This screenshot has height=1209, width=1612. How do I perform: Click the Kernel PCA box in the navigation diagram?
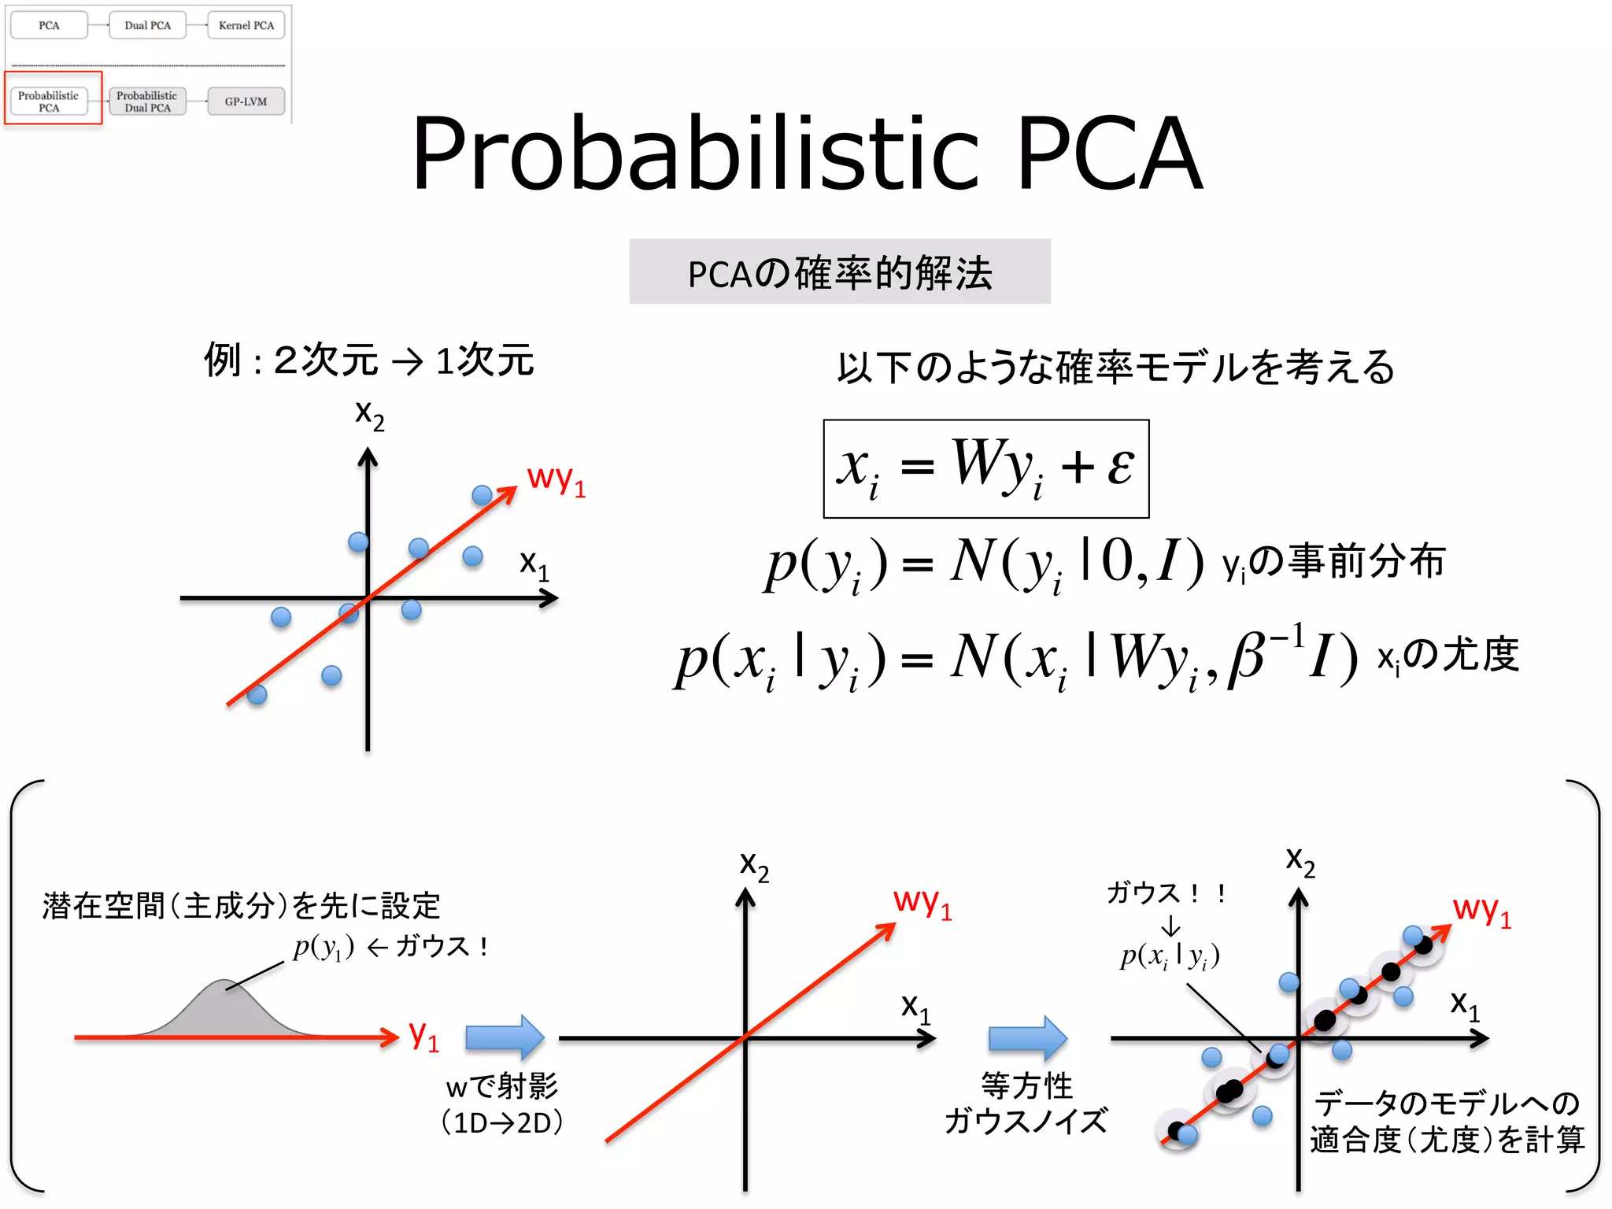246,25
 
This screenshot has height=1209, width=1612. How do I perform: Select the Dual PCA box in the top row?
147,25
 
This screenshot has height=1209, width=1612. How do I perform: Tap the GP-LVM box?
246,102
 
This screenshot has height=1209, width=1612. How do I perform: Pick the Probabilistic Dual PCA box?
147,102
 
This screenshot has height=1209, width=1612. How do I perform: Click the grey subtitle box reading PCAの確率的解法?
839,272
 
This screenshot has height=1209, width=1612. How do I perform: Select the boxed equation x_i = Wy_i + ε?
985,469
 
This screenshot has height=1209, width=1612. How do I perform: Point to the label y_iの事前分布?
1333,562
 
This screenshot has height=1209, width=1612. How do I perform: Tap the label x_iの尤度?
1447,655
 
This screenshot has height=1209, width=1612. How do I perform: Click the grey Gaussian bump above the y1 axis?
224,1011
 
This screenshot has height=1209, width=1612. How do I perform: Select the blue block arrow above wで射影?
505,1037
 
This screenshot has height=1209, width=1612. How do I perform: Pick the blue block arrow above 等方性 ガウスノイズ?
1027,1037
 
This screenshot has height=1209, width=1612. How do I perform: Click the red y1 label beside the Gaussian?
423,1035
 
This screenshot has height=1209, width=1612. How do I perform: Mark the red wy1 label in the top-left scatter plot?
556,479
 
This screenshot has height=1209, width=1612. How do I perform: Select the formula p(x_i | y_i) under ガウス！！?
1170,956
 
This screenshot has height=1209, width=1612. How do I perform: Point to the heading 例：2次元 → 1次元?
368,360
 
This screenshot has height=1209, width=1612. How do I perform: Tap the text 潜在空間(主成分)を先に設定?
241,906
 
